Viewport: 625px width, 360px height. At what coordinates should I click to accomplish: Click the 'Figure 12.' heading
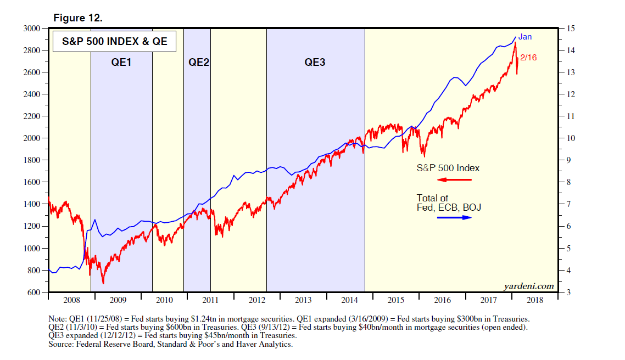tap(78, 18)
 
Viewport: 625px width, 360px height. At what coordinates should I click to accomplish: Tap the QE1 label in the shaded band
tap(121, 62)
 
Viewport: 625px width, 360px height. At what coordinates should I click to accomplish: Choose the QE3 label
tap(315, 62)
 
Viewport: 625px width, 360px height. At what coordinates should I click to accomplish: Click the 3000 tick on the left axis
tap(31, 28)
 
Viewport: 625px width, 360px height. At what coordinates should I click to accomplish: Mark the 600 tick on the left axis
tap(34, 292)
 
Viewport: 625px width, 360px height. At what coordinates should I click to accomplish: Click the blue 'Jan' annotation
tap(525, 37)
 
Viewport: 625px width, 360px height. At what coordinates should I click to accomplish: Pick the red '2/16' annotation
tap(528, 57)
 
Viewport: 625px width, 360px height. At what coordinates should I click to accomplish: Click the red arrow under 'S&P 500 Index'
tap(454, 179)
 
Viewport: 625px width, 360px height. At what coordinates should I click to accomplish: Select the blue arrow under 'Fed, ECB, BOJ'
tap(454, 217)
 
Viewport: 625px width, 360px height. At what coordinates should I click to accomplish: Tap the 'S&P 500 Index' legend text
tap(448, 168)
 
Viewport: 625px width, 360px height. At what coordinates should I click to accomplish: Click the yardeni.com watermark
tap(529, 286)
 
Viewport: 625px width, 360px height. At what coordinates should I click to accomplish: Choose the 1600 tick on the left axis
tap(31, 182)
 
